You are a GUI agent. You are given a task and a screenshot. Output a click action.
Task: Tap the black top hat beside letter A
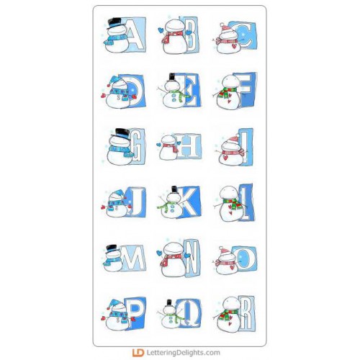tap(114, 23)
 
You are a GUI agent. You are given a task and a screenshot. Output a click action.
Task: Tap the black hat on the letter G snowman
tap(121, 132)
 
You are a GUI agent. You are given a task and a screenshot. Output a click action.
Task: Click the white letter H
tap(189, 145)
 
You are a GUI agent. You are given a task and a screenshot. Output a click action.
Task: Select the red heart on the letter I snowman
tap(225, 158)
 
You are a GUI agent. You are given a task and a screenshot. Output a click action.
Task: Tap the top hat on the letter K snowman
tap(174, 189)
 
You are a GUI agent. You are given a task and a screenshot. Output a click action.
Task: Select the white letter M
tap(132, 258)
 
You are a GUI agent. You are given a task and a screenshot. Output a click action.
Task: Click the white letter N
tap(192, 258)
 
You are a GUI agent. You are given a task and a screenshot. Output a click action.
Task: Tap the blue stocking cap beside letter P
tap(115, 304)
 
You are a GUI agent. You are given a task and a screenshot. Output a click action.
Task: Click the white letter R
tap(246, 313)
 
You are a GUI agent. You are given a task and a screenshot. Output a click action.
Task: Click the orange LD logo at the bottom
tap(138, 353)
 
